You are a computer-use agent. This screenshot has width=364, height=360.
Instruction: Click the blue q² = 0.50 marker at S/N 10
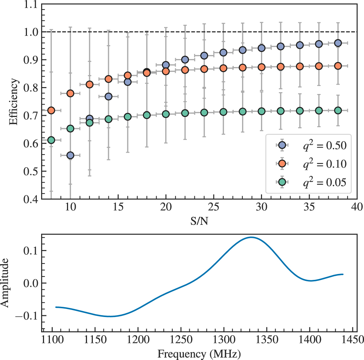(70, 155)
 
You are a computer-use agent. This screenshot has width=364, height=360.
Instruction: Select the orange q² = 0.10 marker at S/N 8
(51, 110)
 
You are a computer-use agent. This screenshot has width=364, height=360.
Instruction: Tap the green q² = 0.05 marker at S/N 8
(51, 140)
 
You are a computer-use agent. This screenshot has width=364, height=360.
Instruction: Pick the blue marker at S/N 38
(338, 43)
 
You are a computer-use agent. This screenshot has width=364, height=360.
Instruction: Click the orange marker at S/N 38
(338, 66)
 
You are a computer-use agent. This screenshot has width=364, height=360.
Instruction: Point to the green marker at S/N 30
(261, 111)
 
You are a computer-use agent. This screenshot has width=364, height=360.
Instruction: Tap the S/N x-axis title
(199, 221)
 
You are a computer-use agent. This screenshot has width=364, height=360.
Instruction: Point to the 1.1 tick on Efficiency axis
(31, 4)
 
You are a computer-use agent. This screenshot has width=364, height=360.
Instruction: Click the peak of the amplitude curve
(251, 237)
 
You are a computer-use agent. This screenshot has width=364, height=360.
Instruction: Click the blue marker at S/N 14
(108, 97)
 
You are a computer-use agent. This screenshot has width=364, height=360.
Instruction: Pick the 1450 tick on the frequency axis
(352, 340)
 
